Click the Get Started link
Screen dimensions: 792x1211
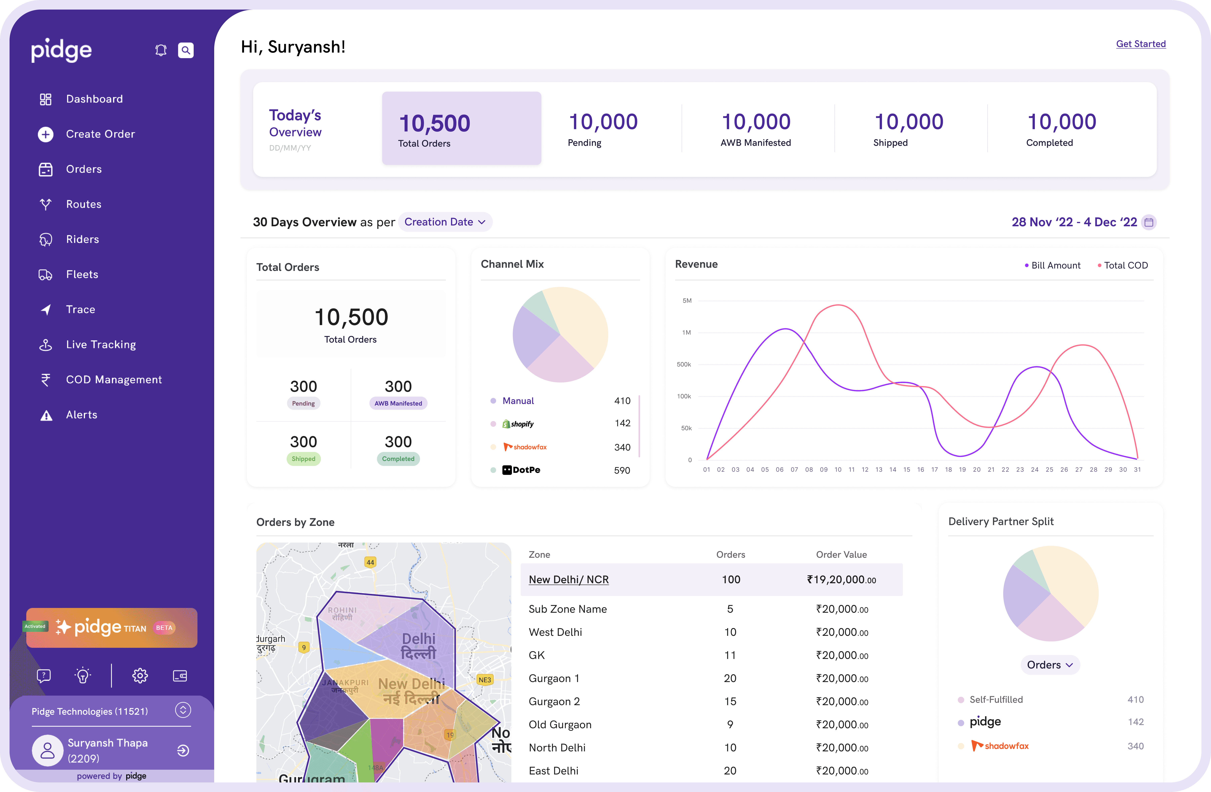[1140, 44]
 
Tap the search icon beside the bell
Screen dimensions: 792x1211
[186, 50]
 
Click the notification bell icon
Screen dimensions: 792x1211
[161, 50]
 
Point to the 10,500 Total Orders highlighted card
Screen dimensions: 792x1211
[461, 128]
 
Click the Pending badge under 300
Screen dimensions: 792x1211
[303, 403]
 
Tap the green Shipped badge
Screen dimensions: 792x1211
[303, 459]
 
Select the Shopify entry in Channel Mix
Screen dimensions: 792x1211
[518, 424]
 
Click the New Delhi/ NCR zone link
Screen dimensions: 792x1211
[568, 580]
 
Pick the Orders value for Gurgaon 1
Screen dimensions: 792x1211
[730, 678]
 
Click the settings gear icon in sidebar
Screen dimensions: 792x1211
[140, 676]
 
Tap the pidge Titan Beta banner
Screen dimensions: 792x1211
[111, 627]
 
